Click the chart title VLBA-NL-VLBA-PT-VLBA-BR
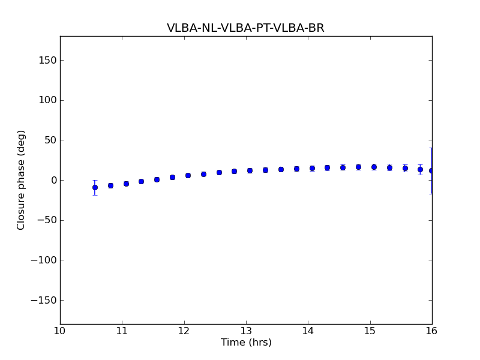245,28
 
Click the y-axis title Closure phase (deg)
22,180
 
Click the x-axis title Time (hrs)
246,343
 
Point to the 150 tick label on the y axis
47,60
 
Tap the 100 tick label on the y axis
47,100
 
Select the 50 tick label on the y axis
49,140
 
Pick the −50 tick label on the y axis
46,220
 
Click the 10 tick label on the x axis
60,331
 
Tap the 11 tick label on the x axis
122,331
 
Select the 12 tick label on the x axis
184,331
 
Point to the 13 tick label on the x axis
246,331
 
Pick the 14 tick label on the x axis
308,331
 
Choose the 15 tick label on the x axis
370,331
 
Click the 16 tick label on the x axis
432,331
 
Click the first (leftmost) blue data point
95,187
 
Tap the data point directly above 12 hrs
188,175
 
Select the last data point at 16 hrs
431,171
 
